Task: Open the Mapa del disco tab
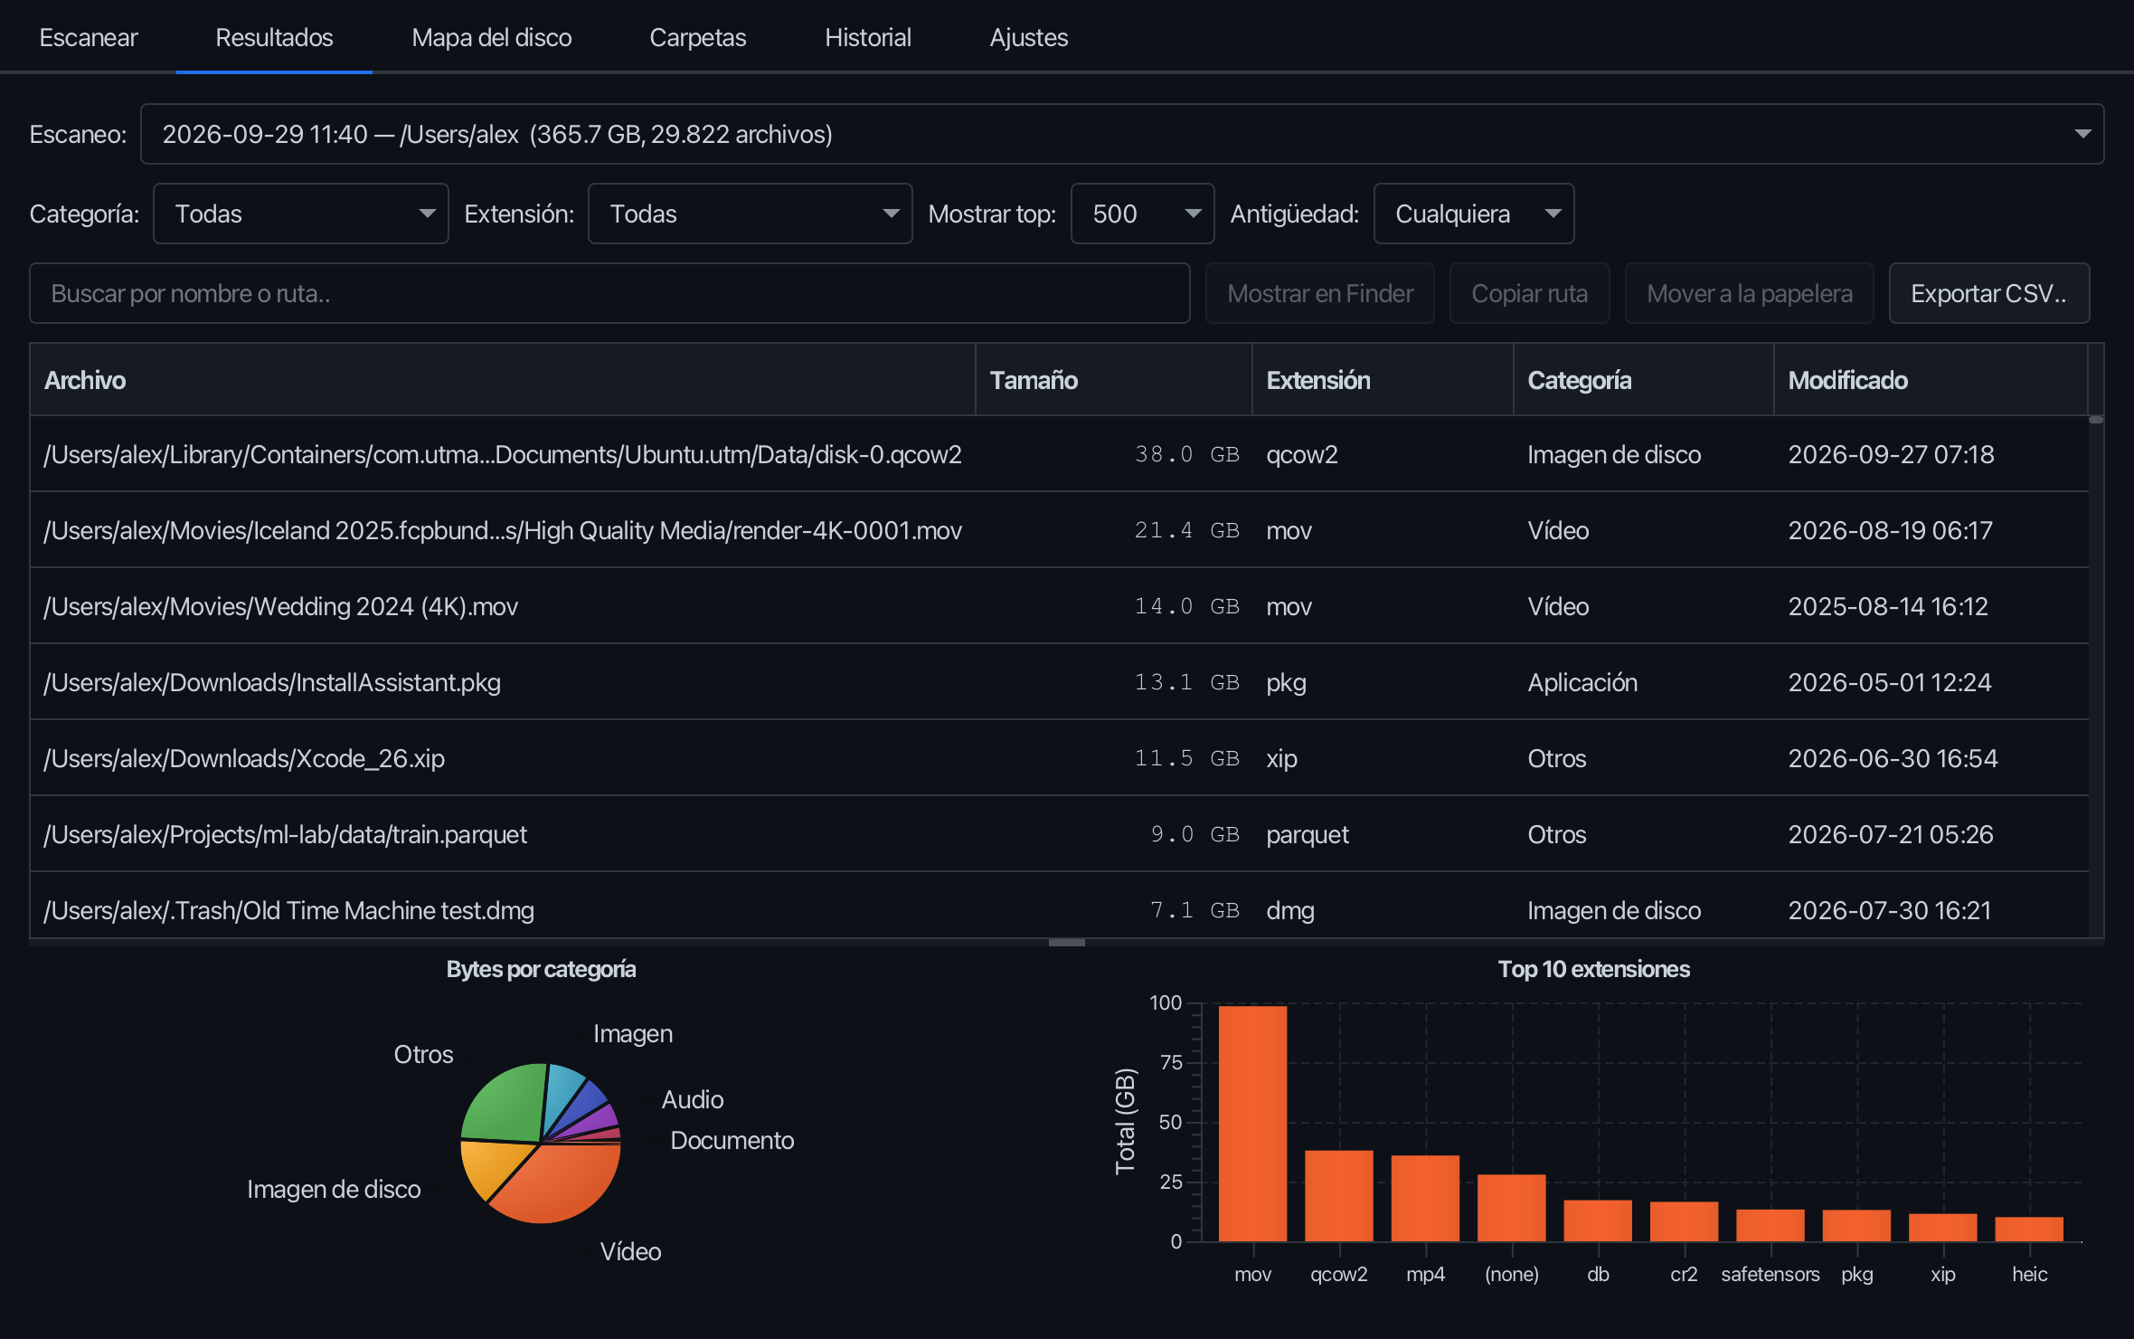(x=491, y=37)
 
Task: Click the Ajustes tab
(x=1028, y=37)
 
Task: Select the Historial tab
(x=867, y=37)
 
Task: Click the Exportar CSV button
(x=1988, y=293)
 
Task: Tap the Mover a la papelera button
(x=1749, y=293)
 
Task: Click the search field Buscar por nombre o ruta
(x=609, y=293)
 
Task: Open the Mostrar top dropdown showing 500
(x=1142, y=214)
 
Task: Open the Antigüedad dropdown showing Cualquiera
(x=1474, y=214)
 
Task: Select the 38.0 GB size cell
(x=1186, y=454)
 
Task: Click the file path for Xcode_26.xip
(x=244, y=758)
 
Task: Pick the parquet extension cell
(x=1308, y=834)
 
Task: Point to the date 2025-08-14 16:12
(x=1888, y=606)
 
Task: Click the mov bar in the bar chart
(x=1252, y=1123)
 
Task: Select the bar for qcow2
(x=1339, y=1195)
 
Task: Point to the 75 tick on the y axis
(x=1171, y=1062)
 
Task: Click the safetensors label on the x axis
(x=1770, y=1274)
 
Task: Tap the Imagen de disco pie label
(x=334, y=1189)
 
